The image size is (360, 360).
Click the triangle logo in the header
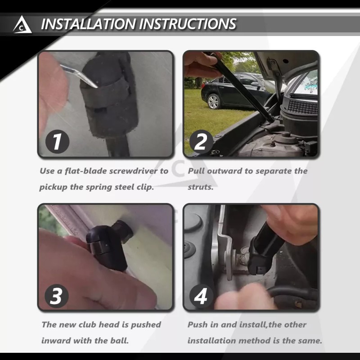click(22, 25)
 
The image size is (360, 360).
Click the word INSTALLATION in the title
click(88, 24)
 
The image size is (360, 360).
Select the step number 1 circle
click(57, 141)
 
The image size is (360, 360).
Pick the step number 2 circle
click(201, 141)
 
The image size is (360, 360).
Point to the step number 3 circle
click(57, 296)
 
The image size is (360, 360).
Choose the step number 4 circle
click(201, 296)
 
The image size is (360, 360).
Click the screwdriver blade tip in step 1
click(97, 87)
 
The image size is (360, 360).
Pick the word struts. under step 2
click(201, 187)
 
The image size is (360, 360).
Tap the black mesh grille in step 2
click(301, 106)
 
